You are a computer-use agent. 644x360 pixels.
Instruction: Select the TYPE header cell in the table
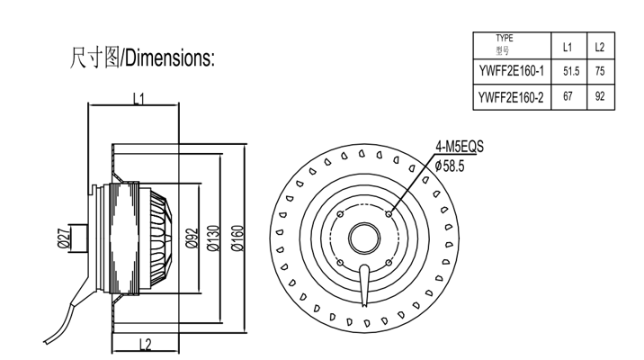(504, 45)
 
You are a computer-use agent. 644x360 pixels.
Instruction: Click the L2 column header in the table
(600, 46)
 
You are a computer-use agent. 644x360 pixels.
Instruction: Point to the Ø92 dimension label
(191, 238)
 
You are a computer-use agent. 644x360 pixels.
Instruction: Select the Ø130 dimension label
(213, 238)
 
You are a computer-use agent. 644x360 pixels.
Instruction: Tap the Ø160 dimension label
(237, 238)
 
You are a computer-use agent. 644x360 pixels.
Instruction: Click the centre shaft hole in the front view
(364, 238)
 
